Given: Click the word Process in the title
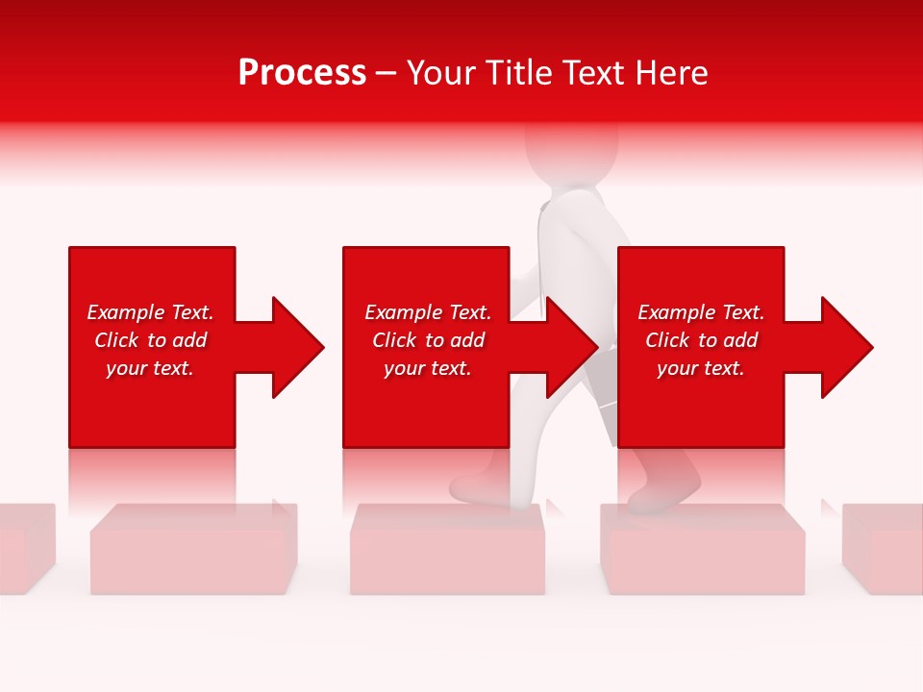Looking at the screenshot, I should tap(302, 73).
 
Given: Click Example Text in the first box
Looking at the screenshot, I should tap(150, 312).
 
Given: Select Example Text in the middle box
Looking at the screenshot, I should tap(428, 312).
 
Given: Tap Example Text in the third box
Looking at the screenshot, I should tap(701, 312).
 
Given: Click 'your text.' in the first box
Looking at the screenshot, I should tap(150, 368).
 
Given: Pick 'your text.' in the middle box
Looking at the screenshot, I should tap(428, 368).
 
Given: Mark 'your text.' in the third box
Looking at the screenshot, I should tap(701, 368).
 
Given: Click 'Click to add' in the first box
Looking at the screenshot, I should tap(150, 340).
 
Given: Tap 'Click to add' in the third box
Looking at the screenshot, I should tap(701, 340).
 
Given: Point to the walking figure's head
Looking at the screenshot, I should tap(571, 149).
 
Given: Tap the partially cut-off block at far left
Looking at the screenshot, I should tap(24, 548).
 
